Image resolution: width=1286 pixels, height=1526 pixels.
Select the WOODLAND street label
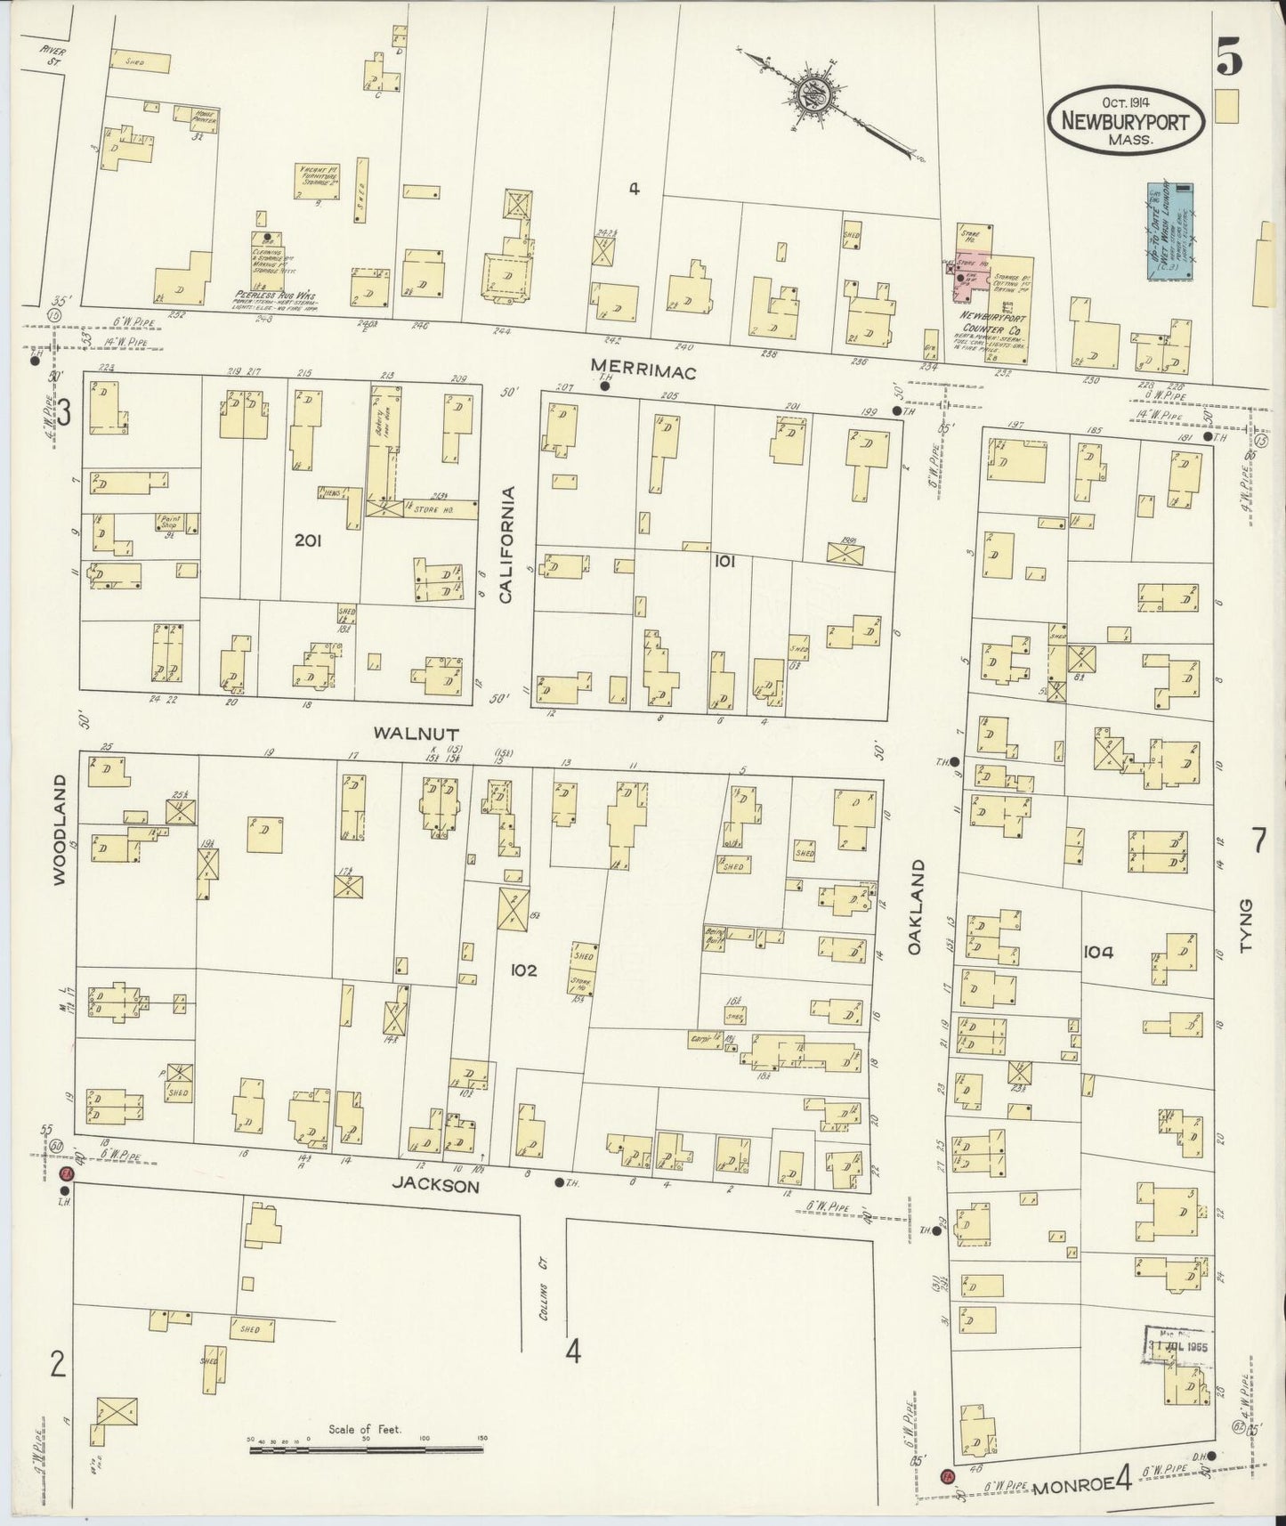click(x=60, y=829)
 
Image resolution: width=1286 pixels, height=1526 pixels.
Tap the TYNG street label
click(x=1245, y=926)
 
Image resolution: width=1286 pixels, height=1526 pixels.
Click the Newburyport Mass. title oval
click(x=1127, y=123)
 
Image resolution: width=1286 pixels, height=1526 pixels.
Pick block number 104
click(x=1098, y=952)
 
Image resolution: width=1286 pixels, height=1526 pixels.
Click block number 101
click(x=723, y=562)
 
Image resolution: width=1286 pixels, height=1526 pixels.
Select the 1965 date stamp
click(x=1177, y=1346)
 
